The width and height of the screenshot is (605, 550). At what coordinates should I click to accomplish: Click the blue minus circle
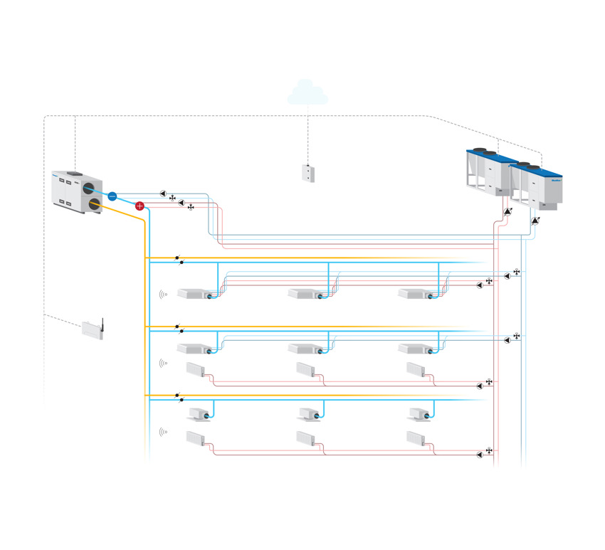112,194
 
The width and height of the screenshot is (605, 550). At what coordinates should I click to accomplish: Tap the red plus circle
140,206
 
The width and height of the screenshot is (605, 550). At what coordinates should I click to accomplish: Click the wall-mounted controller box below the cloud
307,173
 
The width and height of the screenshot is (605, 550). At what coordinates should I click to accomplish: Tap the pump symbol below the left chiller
507,212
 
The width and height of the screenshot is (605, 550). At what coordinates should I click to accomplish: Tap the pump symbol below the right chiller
535,221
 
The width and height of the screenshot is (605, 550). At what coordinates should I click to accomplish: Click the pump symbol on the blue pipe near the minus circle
163,194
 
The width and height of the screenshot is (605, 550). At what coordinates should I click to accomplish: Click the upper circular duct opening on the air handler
89,189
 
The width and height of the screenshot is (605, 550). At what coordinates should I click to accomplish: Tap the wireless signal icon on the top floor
164,293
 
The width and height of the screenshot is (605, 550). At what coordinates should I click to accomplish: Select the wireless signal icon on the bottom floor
164,431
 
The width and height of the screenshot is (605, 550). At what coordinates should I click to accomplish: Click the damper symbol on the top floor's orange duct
177,258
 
